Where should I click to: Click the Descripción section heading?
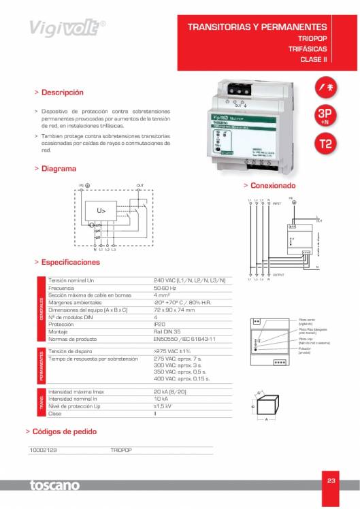tap(62, 92)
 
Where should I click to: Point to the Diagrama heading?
tap(59, 168)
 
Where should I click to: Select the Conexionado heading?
tap(273, 185)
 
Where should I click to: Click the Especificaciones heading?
tap(70, 262)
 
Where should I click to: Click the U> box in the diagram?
tap(101, 211)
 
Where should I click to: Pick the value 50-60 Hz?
tap(167, 288)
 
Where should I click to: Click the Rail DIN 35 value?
tap(167, 331)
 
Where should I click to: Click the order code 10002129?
tap(44, 450)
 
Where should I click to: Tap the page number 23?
tap(331, 481)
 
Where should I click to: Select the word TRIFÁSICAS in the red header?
tap(308, 49)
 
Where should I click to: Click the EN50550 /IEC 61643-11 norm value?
tap(184, 338)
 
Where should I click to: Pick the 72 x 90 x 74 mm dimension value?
tap(175, 310)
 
